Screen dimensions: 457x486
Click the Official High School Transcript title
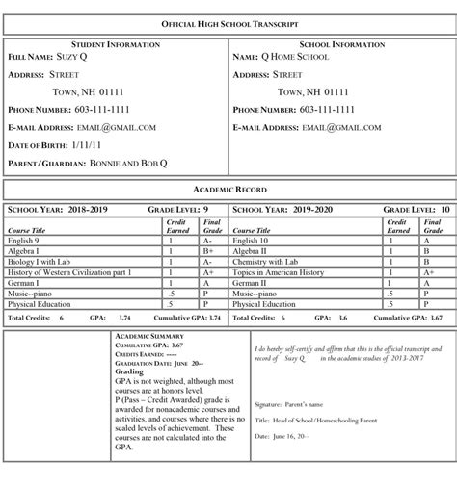[x=228, y=22]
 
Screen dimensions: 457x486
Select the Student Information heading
[x=115, y=45]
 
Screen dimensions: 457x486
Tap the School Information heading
[x=340, y=45]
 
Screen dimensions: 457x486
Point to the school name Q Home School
[x=295, y=58]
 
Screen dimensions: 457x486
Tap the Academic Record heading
[x=228, y=190]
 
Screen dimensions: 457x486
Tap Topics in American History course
[x=278, y=272]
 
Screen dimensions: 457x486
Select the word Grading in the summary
[x=129, y=371]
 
